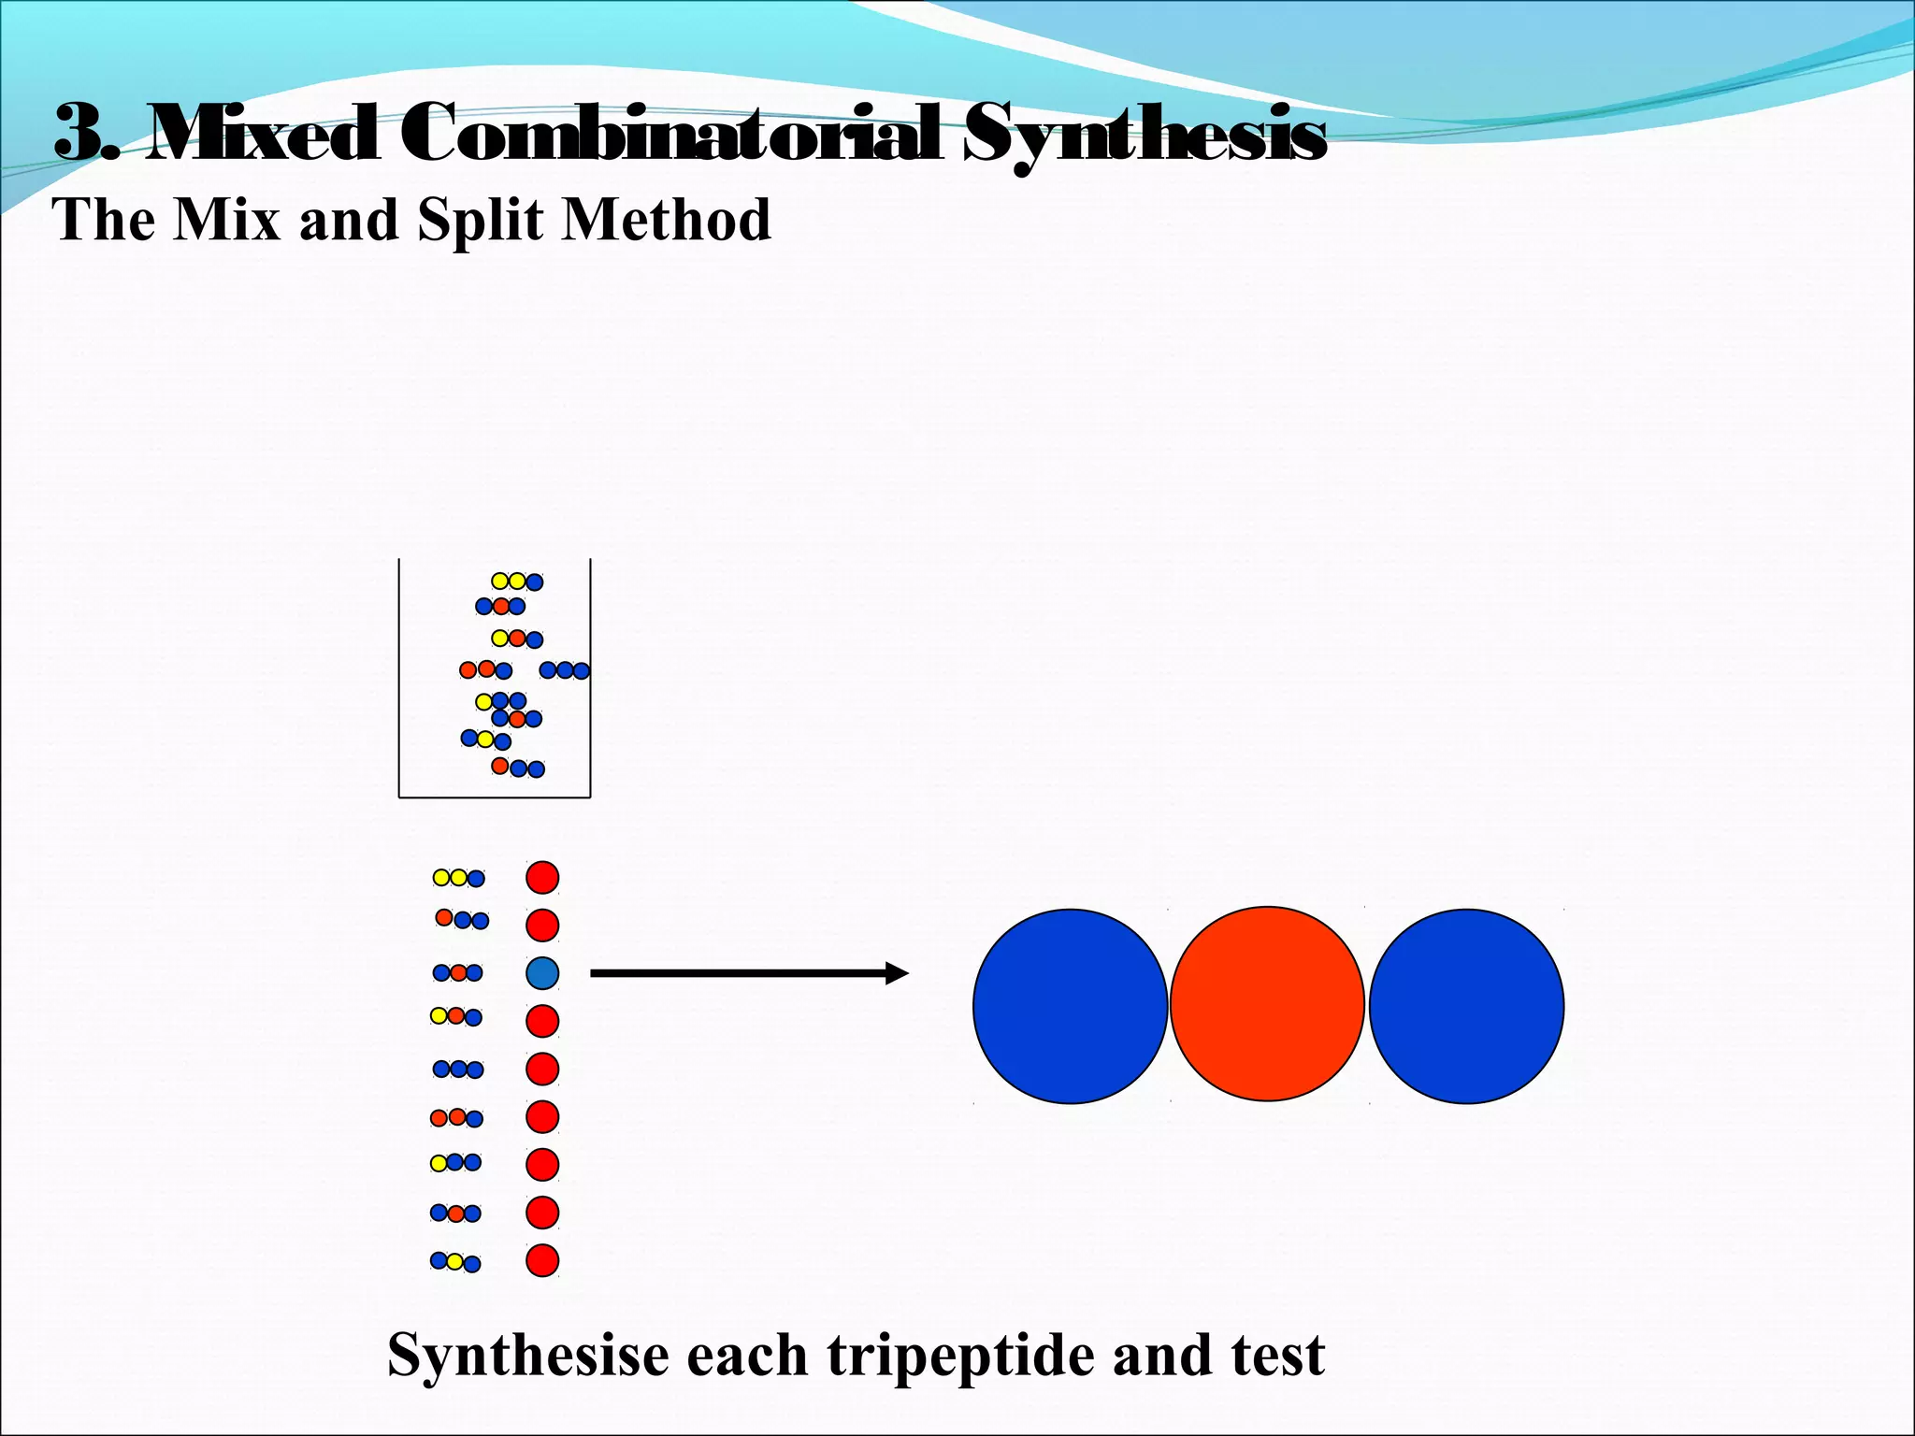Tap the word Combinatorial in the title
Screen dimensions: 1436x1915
click(670, 134)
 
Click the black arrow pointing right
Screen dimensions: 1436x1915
click(748, 973)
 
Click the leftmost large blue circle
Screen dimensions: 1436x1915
click(1070, 1006)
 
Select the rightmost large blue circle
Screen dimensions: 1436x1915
click(1466, 1006)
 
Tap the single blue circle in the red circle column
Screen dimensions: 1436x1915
click(542, 973)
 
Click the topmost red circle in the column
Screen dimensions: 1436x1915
click(542, 877)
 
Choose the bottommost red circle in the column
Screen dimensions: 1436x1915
click(542, 1260)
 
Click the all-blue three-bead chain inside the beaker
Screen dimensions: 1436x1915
click(565, 670)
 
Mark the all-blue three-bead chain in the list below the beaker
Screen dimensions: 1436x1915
click(458, 1069)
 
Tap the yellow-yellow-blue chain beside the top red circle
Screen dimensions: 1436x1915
click(458, 878)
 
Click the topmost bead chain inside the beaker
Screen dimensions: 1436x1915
click(517, 582)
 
